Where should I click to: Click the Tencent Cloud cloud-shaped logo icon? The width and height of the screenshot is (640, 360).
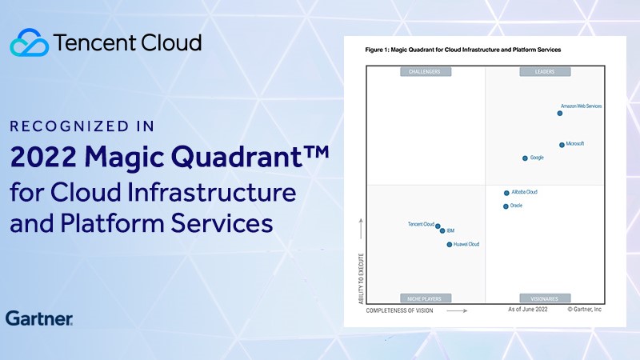pyautogui.click(x=30, y=42)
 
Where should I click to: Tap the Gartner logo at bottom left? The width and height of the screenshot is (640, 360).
pyautogui.click(x=39, y=318)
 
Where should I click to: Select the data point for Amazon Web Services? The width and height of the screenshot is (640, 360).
pyautogui.click(x=559, y=114)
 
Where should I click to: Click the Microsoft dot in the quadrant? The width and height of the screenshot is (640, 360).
pyautogui.click(x=562, y=145)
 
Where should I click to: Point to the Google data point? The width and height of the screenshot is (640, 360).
pyautogui.click(x=525, y=158)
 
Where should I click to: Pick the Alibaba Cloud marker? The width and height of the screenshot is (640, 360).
pyautogui.click(x=506, y=193)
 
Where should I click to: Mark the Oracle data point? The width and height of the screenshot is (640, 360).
pyautogui.click(x=506, y=206)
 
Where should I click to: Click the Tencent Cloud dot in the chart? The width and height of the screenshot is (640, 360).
pyautogui.click(x=438, y=226)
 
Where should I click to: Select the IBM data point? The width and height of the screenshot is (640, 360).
pyautogui.click(x=442, y=231)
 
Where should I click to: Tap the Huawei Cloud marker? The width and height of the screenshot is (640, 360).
pyautogui.click(x=450, y=245)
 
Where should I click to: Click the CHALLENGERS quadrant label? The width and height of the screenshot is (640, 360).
pyautogui.click(x=426, y=72)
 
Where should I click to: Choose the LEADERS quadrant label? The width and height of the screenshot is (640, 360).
pyautogui.click(x=545, y=72)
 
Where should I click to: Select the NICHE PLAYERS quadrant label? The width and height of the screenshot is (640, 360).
pyautogui.click(x=426, y=298)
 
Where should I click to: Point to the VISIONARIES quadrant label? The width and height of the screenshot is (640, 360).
pyautogui.click(x=545, y=298)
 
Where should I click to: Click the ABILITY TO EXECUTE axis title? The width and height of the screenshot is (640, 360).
pyautogui.click(x=361, y=278)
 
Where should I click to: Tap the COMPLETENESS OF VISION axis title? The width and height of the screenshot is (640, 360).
pyautogui.click(x=399, y=310)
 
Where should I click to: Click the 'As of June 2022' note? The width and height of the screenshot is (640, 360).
pyautogui.click(x=528, y=310)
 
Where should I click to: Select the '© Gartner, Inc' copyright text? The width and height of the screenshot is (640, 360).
pyautogui.click(x=585, y=310)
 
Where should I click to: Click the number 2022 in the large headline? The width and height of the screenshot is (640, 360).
pyautogui.click(x=43, y=157)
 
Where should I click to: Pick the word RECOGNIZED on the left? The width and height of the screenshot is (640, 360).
pyautogui.click(x=70, y=126)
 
